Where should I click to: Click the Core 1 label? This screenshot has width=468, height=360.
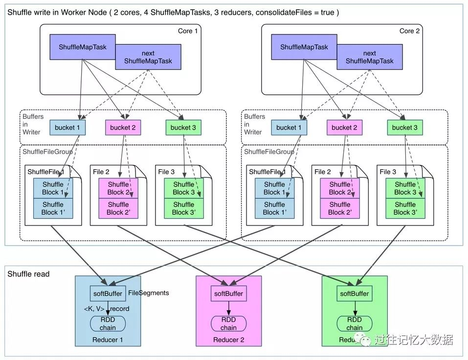(x=188, y=31)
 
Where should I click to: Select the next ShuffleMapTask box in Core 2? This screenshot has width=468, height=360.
(x=369, y=57)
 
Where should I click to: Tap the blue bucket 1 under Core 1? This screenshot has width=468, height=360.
(x=67, y=128)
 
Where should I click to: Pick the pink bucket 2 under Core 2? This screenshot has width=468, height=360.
(x=342, y=128)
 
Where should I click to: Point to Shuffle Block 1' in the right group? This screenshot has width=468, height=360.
(x=274, y=208)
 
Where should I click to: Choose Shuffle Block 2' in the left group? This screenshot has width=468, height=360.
(x=118, y=208)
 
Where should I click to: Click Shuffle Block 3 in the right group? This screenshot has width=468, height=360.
(x=404, y=188)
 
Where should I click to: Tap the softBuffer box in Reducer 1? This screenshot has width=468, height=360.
(x=108, y=293)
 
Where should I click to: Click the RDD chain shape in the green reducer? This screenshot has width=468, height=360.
(x=355, y=324)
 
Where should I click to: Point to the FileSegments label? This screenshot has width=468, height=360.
(x=149, y=293)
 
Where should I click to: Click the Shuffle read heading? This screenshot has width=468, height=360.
(x=28, y=274)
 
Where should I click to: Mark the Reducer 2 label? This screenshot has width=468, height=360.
(x=228, y=340)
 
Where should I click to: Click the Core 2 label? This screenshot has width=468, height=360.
(x=410, y=31)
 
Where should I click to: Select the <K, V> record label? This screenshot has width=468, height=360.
(x=106, y=309)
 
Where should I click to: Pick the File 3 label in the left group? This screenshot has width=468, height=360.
(x=166, y=172)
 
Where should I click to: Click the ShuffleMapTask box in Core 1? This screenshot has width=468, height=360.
(x=82, y=47)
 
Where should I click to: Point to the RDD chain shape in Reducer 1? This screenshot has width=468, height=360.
(x=108, y=324)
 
